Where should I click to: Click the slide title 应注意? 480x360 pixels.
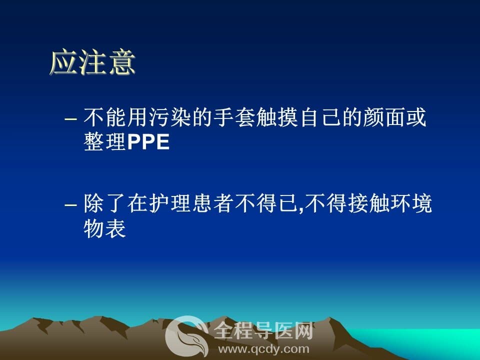[x=92, y=63]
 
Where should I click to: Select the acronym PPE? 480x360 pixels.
[x=148, y=142]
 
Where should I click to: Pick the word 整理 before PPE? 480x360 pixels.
[x=104, y=142]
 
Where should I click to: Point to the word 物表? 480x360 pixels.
[x=104, y=228]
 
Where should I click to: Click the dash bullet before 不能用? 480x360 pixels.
[x=70, y=119]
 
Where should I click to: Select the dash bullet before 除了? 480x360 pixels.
[x=70, y=204]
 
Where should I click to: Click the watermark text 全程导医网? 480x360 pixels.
[x=263, y=330]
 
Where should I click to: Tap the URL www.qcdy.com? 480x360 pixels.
[x=263, y=349]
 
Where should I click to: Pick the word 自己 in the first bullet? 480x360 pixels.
[x=320, y=117]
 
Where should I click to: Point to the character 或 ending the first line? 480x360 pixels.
[x=416, y=117]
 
